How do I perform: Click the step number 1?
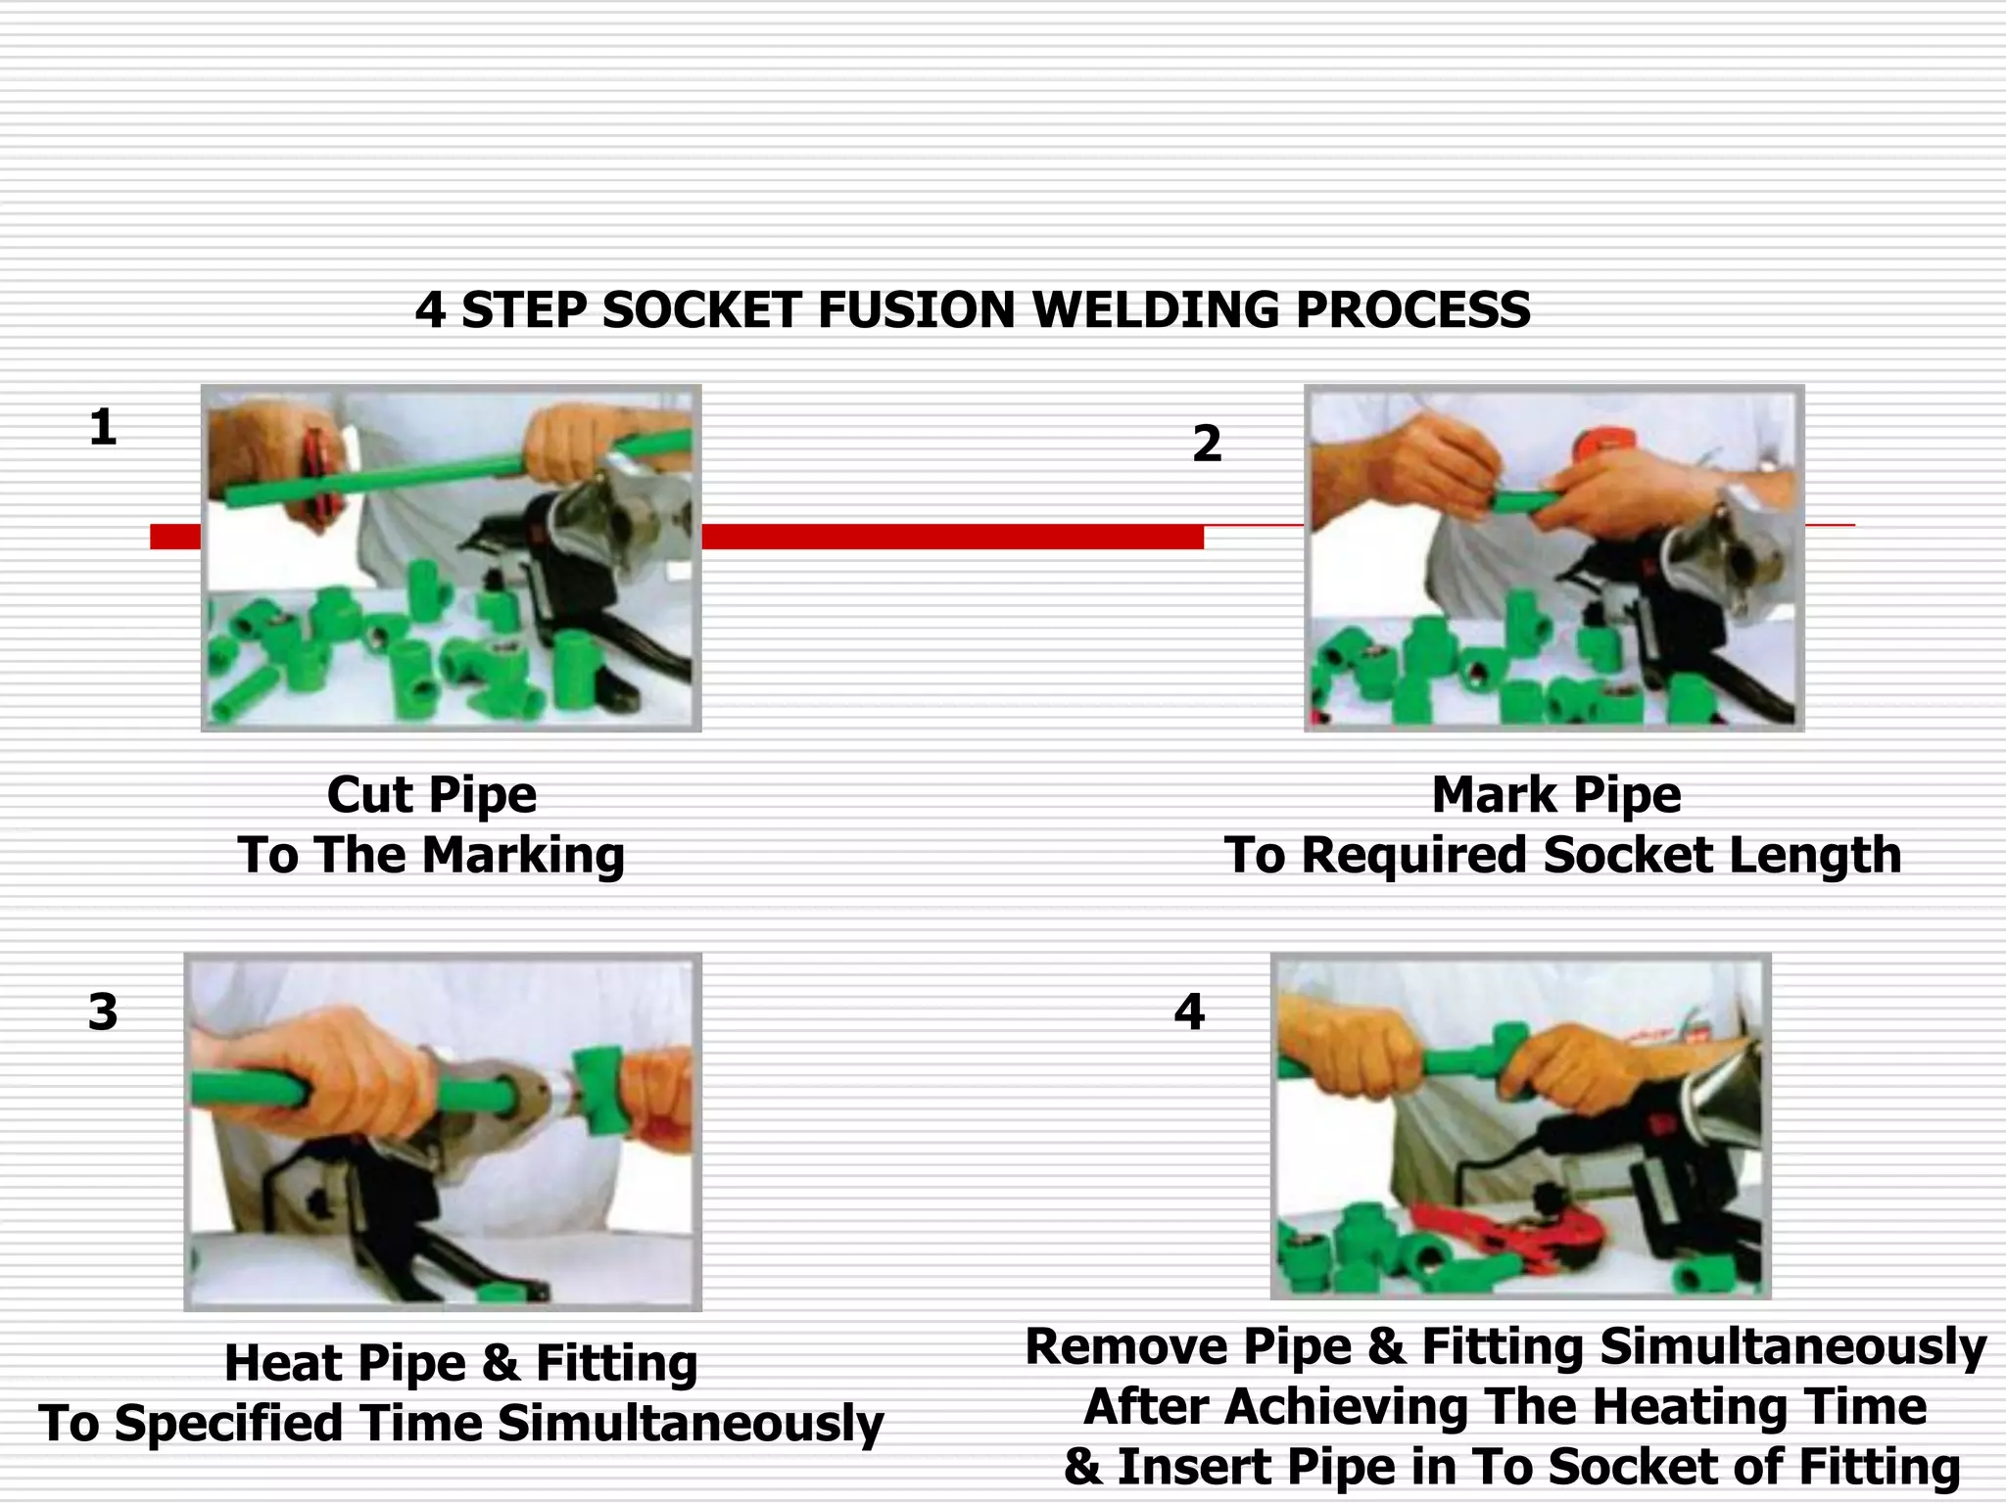click(x=103, y=428)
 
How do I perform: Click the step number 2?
click(x=1207, y=444)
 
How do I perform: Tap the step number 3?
click(x=103, y=1011)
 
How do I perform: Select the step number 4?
click(x=1189, y=1011)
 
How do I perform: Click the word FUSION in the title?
click(x=918, y=310)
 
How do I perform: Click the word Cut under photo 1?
click(x=369, y=794)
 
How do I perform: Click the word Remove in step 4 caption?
click(x=1125, y=1346)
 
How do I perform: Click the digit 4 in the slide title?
click(x=430, y=310)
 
